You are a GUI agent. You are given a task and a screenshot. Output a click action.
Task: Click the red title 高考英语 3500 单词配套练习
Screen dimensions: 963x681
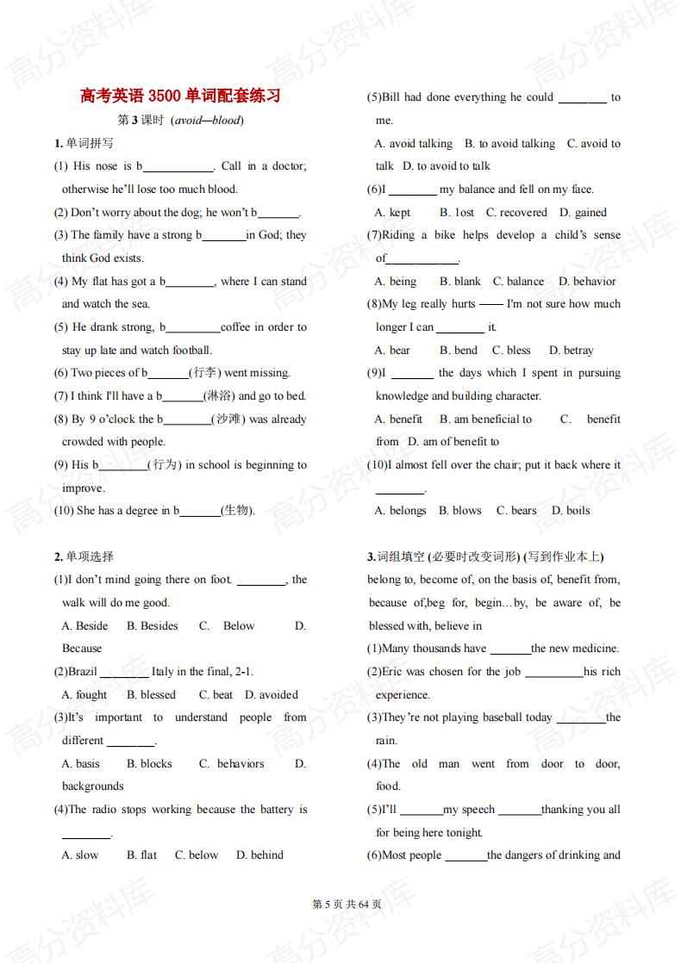click(x=180, y=96)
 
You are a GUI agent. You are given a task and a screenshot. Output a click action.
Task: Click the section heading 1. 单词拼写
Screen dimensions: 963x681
click(x=84, y=143)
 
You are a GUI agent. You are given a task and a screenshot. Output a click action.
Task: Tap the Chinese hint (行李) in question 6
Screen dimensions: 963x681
click(x=205, y=373)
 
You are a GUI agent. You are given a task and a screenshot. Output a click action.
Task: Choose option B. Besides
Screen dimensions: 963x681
click(x=153, y=626)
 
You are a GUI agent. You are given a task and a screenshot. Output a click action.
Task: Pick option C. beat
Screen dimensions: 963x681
click(x=216, y=695)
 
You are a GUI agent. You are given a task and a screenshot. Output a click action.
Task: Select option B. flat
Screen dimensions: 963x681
click(x=142, y=855)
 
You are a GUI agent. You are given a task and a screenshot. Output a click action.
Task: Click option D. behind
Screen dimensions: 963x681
click(x=259, y=855)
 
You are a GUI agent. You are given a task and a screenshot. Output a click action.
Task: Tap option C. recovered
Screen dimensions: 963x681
click(x=516, y=213)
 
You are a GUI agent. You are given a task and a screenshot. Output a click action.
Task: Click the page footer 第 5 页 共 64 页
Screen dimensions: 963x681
click(x=340, y=904)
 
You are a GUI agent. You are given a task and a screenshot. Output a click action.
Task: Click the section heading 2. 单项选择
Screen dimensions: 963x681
click(x=84, y=556)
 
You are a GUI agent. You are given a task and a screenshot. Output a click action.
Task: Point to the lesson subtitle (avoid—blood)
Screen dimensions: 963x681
click(x=207, y=121)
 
